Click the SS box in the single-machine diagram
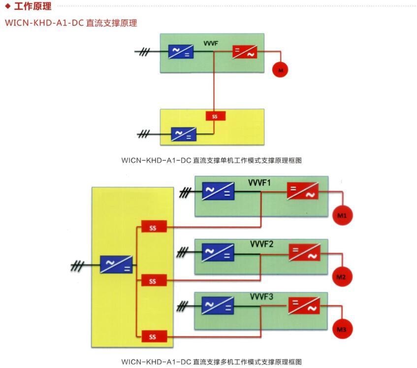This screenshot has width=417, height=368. tap(215, 116)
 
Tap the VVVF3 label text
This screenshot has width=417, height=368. tap(262, 297)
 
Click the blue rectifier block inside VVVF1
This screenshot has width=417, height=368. tap(218, 191)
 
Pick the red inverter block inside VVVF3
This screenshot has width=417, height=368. tap(304, 305)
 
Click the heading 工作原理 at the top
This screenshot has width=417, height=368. tap(32, 7)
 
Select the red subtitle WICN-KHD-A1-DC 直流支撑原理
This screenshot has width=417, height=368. tap(71, 23)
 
